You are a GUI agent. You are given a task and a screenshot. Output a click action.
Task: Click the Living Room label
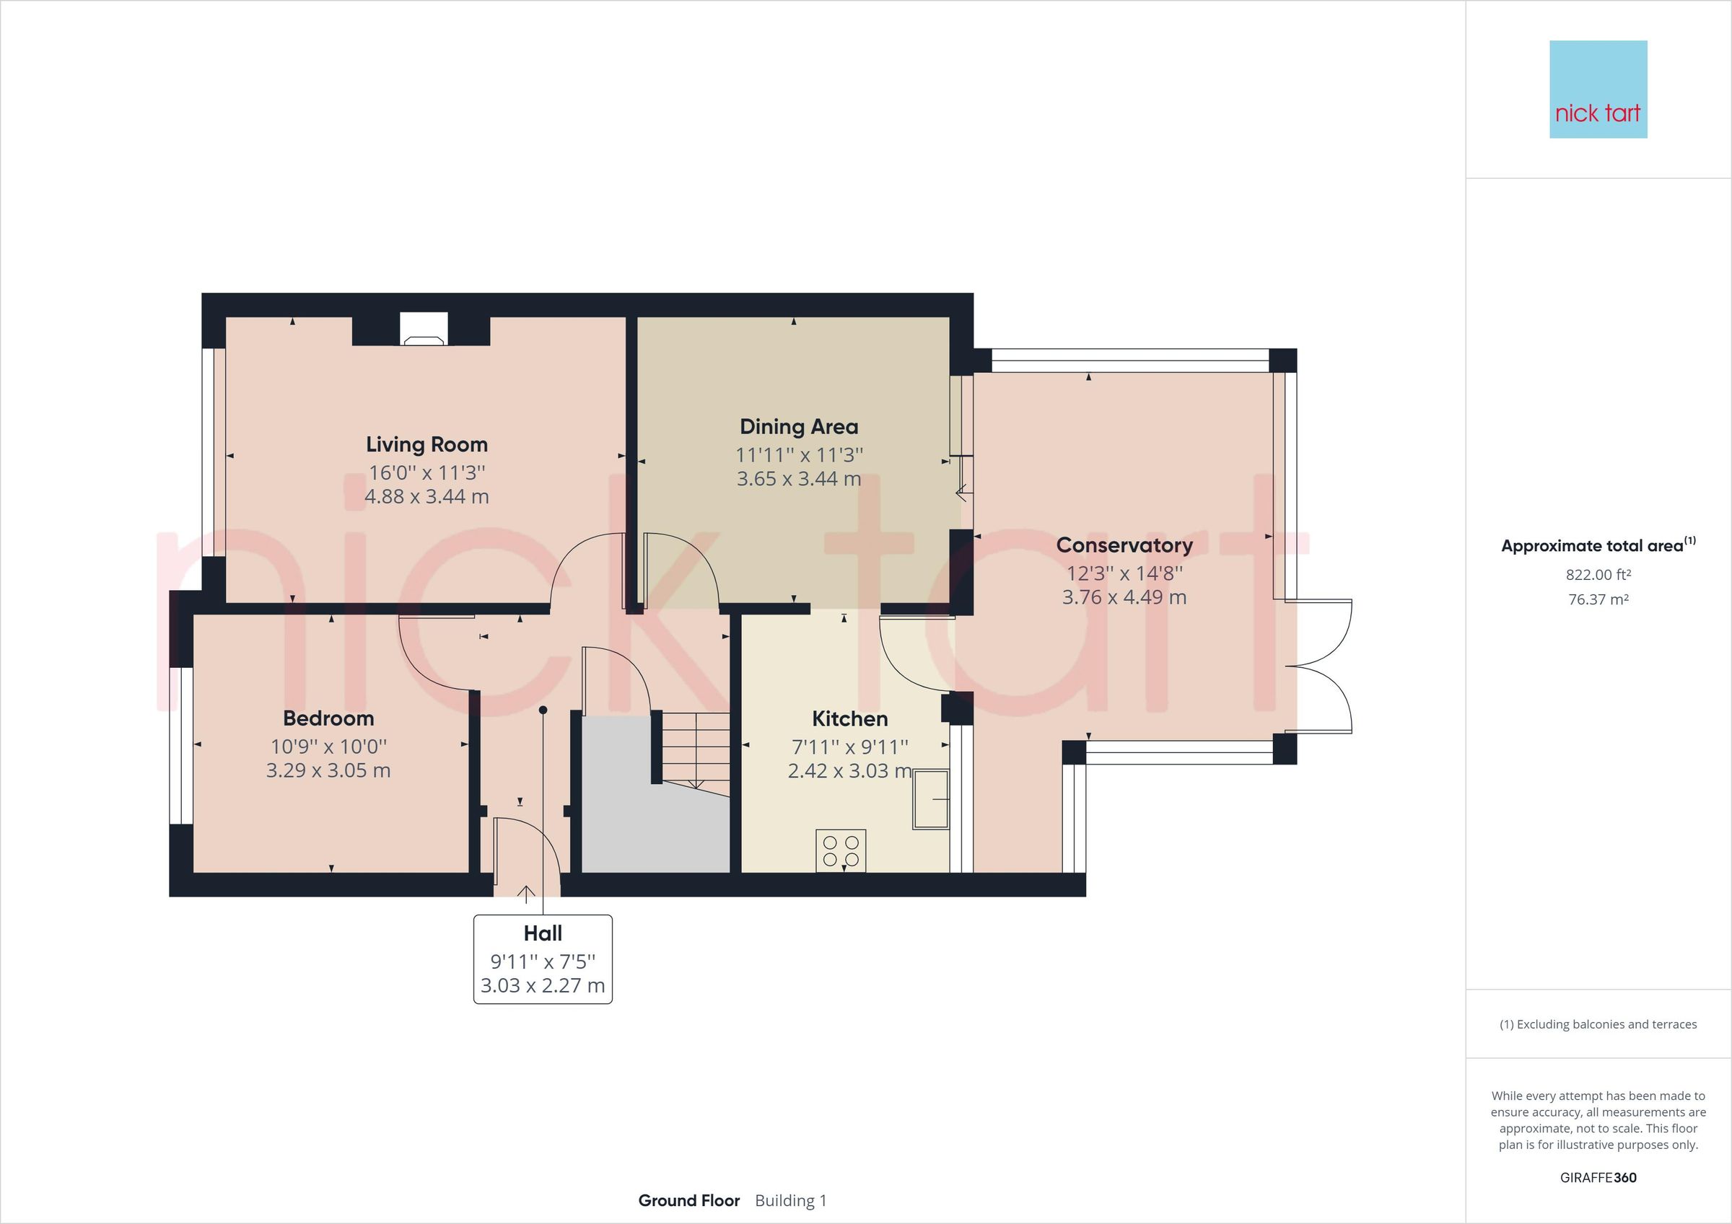pyautogui.click(x=427, y=444)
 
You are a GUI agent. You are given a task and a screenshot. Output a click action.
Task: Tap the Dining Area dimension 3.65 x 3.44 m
pyautogui.click(x=798, y=479)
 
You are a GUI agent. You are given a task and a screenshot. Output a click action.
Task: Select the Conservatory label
pyautogui.click(x=1124, y=545)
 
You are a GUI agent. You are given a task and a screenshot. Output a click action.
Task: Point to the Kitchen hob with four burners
pyautogui.click(x=840, y=850)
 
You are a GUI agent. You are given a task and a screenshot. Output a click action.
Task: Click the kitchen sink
pyautogui.click(x=930, y=798)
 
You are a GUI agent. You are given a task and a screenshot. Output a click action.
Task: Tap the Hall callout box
pyautogui.click(x=543, y=959)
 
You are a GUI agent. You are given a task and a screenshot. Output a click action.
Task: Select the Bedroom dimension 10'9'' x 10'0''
pyautogui.click(x=328, y=747)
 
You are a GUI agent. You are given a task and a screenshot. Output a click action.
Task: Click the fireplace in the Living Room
pyautogui.click(x=423, y=330)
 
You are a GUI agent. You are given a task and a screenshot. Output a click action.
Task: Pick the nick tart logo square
pyautogui.click(x=1598, y=89)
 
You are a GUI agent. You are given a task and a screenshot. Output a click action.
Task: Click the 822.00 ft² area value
pyautogui.click(x=1598, y=575)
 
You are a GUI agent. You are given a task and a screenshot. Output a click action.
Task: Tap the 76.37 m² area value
pyautogui.click(x=1598, y=599)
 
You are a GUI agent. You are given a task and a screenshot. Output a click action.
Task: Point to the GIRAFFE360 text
pyautogui.click(x=1598, y=1177)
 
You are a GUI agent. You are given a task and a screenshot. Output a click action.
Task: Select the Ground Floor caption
pyautogui.click(x=688, y=1201)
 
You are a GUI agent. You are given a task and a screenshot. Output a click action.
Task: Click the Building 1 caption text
pyautogui.click(x=790, y=1201)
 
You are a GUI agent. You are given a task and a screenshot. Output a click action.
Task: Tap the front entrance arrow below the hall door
pyautogui.click(x=526, y=894)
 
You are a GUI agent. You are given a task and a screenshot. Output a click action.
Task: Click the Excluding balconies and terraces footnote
pyautogui.click(x=1598, y=1024)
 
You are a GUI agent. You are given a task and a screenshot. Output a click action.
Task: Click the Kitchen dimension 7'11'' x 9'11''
pyautogui.click(x=849, y=747)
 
